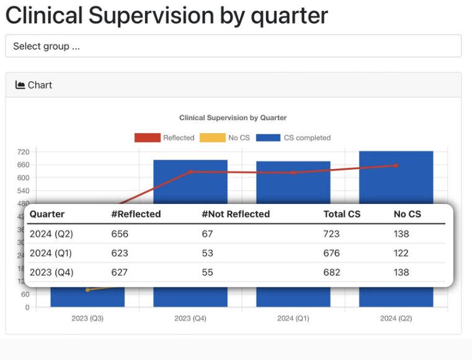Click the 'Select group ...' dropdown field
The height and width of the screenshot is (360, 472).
click(233, 46)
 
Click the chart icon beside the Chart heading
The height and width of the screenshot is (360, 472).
click(20, 85)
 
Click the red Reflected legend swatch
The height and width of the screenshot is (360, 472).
click(147, 138)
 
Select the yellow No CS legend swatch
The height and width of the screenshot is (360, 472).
click(212, 138)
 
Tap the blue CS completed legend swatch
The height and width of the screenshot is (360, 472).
click(268, 138)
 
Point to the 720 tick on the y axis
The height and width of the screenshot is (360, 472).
click(23, 152)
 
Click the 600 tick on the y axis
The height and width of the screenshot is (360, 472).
click(23, 178)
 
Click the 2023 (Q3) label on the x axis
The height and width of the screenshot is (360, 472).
click(87, 318)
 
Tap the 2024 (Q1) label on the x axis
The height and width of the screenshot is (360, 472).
click(293, 318)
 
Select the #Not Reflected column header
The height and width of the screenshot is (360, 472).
click(236, 214)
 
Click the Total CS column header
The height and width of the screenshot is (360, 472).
click(342, 214)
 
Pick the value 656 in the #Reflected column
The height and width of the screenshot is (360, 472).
click(120, 234)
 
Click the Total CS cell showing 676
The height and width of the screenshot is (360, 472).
click(331, 253)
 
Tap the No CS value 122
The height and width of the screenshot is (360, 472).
click(401, 253)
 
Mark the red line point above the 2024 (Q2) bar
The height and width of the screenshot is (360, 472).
click(396, 165)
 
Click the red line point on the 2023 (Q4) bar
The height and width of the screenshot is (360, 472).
click(190, 172)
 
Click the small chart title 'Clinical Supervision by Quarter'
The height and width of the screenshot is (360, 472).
click(233, 118)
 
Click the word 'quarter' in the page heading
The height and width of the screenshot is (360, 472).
click(289, 15)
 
